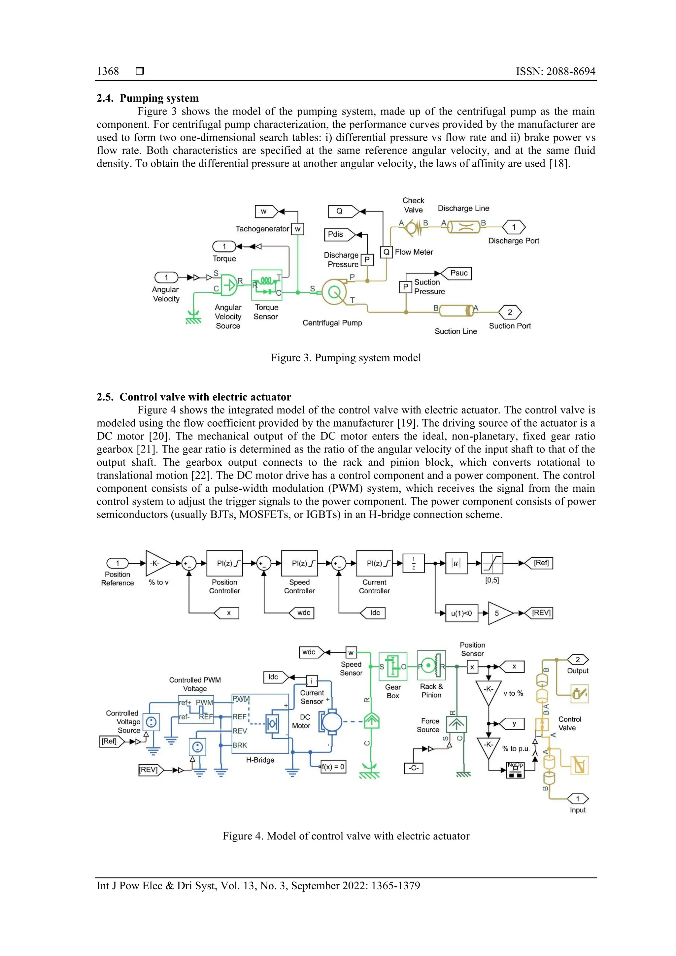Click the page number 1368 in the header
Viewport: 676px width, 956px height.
click(108, 71)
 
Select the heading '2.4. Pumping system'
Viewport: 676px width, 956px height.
click(148, 98)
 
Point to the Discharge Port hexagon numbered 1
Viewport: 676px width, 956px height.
click(514, 227)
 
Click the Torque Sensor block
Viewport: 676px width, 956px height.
click(267, 285)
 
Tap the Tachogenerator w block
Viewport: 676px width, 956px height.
click(297, 229)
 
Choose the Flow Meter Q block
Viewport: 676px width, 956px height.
click(386, 252)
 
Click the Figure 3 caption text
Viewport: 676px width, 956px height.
click(346, 358)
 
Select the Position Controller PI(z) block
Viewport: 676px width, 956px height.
click(224, 563)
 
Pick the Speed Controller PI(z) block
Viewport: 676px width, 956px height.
click(299, 563)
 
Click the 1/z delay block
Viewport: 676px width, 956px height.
click(413, 563)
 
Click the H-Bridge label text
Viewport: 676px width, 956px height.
click(260, 760)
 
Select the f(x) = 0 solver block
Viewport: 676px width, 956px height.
click(333, 767)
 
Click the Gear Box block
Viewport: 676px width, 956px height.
click(392, 667)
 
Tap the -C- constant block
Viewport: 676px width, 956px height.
click(413, 768)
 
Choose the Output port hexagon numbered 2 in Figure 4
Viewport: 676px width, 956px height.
click(577, 660)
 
